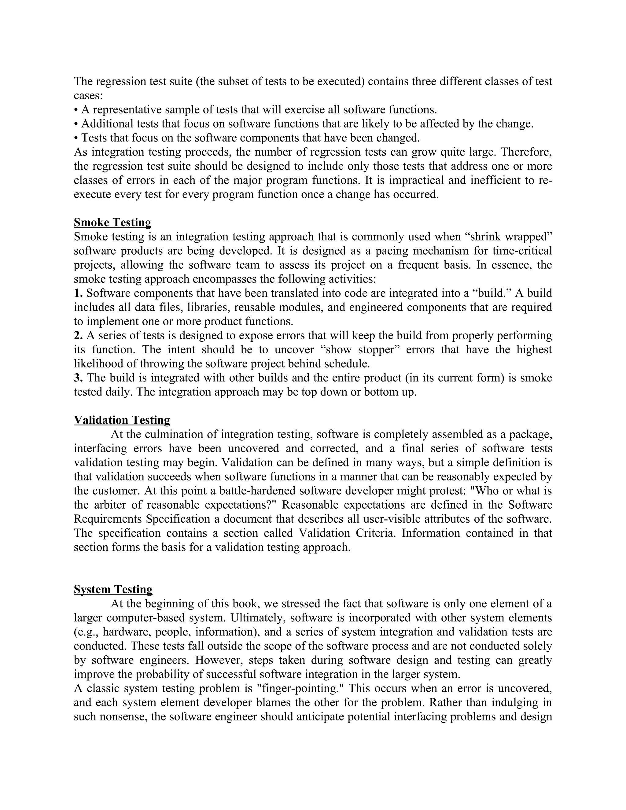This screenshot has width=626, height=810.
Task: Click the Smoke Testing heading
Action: (x=112, y=222)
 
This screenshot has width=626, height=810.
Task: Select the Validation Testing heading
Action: (x=122, y=420)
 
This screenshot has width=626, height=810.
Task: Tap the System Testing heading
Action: (x=113, y=589)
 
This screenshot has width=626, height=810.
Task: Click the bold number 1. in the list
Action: (x=78, y=293)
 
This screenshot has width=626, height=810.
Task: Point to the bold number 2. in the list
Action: (x=78, y=335)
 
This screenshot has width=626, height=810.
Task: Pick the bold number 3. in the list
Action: (x=78, y=377)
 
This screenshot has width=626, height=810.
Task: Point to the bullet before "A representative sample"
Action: (x=76, y=110)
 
